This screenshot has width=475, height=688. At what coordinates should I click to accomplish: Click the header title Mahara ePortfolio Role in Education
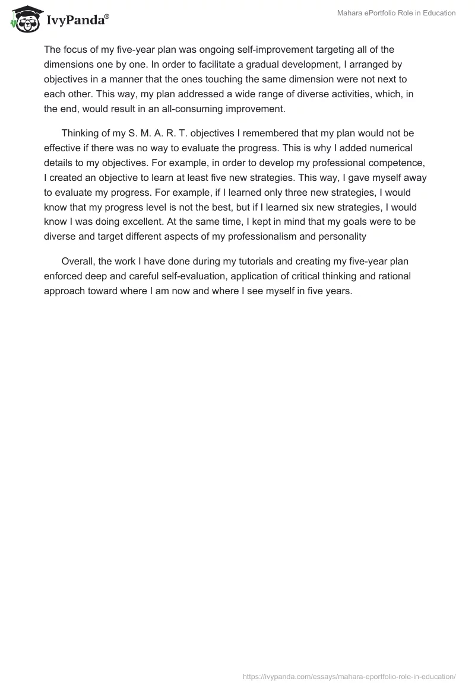pyautogui.click(x=395, y=13)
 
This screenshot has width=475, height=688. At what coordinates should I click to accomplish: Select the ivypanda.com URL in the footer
pyautogui.click(x=349, y=676)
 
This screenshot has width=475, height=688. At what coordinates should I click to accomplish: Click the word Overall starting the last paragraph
pyautogui.click(x=78, y=262)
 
